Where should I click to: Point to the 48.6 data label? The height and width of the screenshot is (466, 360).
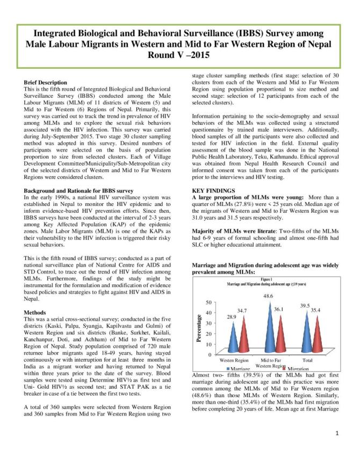[268, 296]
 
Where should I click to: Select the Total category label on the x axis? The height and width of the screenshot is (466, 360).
[308, 360]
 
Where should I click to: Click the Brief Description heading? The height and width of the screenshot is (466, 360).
[46, 83]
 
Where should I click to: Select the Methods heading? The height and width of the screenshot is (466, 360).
[35, 312]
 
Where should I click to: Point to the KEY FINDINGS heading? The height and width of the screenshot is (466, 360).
[213, 191]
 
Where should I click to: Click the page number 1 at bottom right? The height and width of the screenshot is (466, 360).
[336, 433]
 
